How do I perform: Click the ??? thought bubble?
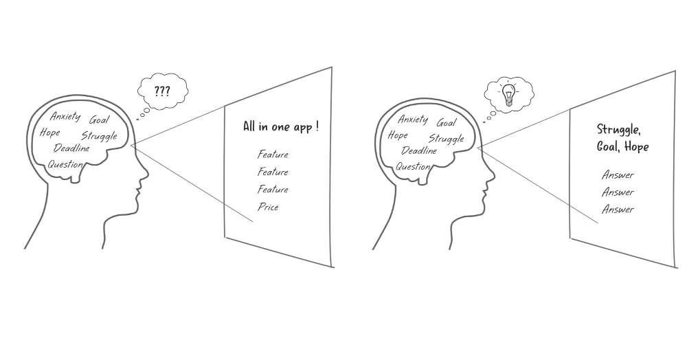pyautogui.click(x=163, y=91)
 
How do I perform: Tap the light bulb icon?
pyautogui.click(x=508, y=94)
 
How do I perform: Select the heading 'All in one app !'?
pyautogui.click(x=281, y=127)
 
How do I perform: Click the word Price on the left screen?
pyautogui.click(x=268, y=207)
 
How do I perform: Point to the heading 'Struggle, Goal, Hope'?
pyautogui.click(x=622, y=138)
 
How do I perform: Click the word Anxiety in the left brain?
pyautogui.click(x=66, y=117)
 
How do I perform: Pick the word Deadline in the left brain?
pyautogui.click(x=71, y=148)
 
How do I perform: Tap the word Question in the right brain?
pyautogui.click(x=413, y=166)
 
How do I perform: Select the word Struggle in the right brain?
pyautogui.click(x=447, y=139)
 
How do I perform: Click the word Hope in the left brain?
pyautogui.click(x=50, y=133)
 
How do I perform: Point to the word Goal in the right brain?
pyautogui.click(x=447, y=122)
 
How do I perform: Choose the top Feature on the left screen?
pyautogui.click(x=273, y=155)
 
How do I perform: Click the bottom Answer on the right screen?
pyautogui.click(x=618, y=210)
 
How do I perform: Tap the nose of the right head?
pyautogui.click(x=492, y=176)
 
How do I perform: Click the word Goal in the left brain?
pyautogui.click(x=100, y=120)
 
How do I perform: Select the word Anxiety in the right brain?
pyautogui.click(x=413, y=119)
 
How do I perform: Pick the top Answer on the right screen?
pyautogui.click(x=618, y=175)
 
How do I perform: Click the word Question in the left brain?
pyautogui.click(x=65, y=164)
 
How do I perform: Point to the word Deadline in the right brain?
pyautogui.click(x=419, y=150)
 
